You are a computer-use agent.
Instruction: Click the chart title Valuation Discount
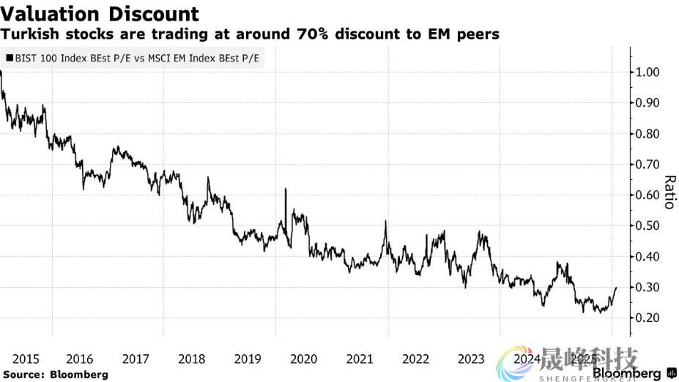[100, 13]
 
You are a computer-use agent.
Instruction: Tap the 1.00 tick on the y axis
[649, 72]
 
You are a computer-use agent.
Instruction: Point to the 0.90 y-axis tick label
[649, 103]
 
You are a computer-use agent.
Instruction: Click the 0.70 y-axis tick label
[649, 165]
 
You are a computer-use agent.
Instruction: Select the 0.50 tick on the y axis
[649, 225]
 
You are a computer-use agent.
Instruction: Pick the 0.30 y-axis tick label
[649, 287]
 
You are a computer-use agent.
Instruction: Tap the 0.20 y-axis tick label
[649, 318]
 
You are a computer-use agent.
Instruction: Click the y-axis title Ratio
[668, 192]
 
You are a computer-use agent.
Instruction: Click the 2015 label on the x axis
[26, 359]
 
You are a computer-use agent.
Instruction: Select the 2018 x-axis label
[192, 359]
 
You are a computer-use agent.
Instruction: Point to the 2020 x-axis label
[303, 359]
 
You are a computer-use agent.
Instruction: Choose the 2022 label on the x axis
[415, 359]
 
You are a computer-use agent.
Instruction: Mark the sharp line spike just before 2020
[285, 190]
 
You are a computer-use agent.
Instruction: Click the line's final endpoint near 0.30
[616, 288]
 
